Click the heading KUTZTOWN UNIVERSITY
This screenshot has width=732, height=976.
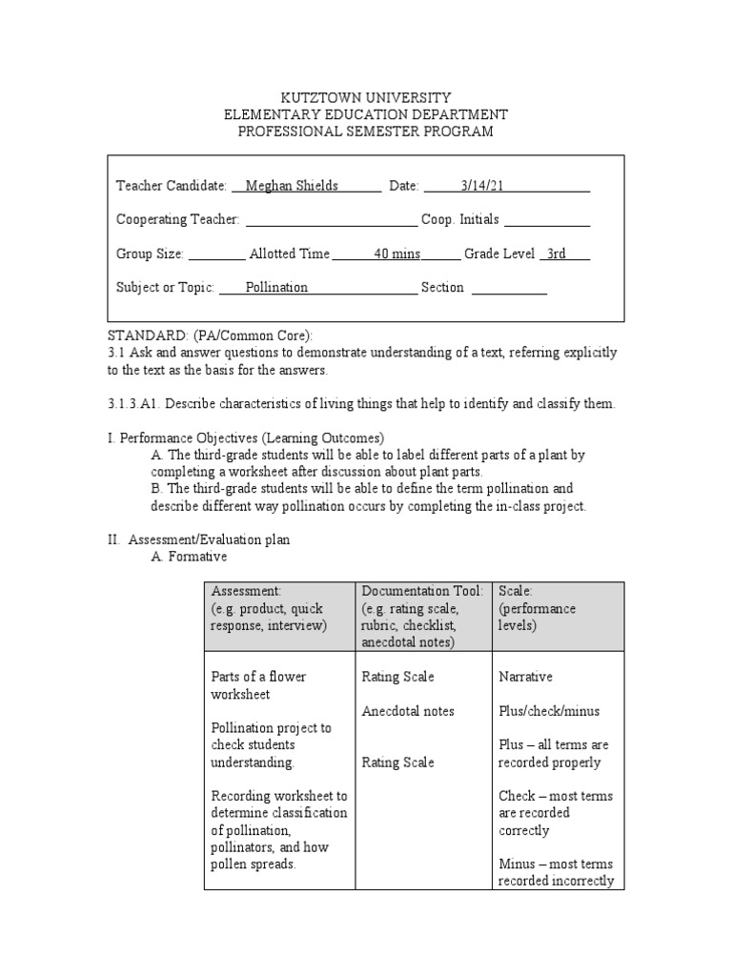365,98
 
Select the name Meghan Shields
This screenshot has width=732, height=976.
292,186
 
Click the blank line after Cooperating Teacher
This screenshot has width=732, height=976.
331,220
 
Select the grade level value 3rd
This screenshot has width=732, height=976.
557,254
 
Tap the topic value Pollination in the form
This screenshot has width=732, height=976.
276,287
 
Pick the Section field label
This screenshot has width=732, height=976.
441,287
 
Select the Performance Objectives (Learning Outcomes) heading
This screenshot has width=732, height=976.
245,438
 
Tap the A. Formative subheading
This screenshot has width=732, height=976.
189,557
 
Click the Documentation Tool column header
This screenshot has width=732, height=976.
422,591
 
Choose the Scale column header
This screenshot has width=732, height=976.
516,591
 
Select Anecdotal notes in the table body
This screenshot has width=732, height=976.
408,711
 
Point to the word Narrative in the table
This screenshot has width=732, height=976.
525,677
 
